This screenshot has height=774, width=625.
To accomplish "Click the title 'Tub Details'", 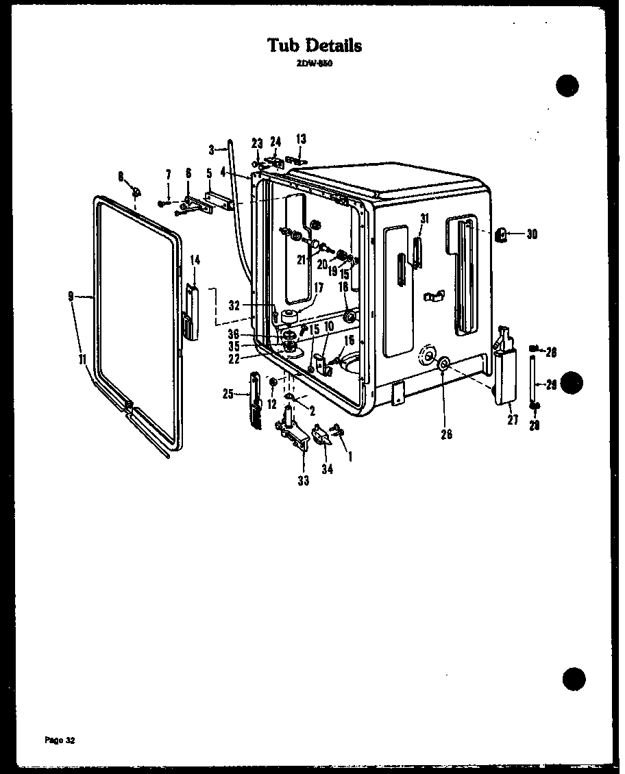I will pos(315,46).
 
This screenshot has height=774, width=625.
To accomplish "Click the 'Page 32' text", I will pos(60,740).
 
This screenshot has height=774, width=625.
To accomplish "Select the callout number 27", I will pos(513,421).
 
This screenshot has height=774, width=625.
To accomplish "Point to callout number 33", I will pos(303,481).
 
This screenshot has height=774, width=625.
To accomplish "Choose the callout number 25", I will pos(228,394).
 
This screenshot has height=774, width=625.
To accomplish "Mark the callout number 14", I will pos(195,260).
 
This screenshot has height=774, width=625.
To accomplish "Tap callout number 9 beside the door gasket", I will pos(71,296).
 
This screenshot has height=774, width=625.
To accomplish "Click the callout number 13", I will pos(301,139).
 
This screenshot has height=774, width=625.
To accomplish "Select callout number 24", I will pos(275,142).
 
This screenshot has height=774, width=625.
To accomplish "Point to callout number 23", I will pos(257,143).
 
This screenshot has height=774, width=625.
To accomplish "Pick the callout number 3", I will pos(212,148).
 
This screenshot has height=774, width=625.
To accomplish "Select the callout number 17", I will pos(319,288).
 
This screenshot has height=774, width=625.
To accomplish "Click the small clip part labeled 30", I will pos(502,235).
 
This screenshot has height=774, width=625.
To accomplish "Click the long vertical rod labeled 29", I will pos(535,380).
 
